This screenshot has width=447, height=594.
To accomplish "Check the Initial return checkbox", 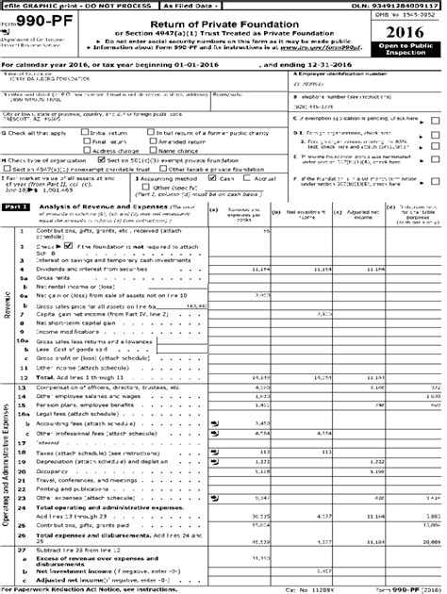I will point(86,134).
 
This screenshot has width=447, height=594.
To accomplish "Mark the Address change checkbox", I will point(86,150).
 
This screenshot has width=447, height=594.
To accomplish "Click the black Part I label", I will point(16,206).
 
